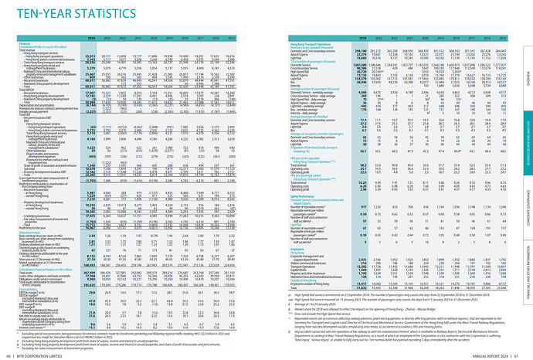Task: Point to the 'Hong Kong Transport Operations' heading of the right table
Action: coord(297,43)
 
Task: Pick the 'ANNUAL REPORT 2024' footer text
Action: coord(484,355)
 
